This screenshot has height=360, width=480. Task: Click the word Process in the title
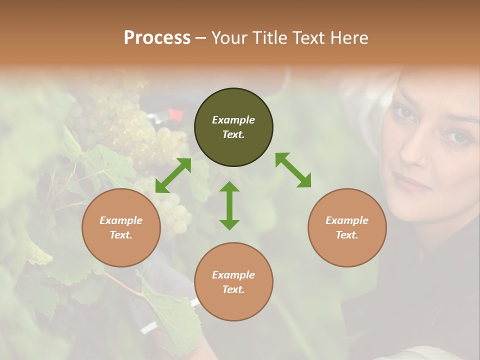(157, 38)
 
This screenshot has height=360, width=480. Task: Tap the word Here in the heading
(348, 38)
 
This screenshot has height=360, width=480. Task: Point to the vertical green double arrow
(229, 205)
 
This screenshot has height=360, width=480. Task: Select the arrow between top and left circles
(173, 175)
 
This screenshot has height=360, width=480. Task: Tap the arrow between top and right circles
(293, 170)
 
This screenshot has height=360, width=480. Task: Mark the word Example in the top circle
(233, 120)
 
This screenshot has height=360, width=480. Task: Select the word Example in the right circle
(347, 220)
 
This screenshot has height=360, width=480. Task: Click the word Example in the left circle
(121, 220)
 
